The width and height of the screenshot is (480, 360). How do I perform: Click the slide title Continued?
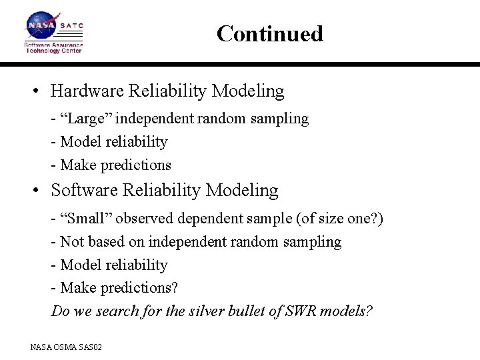(269, 33)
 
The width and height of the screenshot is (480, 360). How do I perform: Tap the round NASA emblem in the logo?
(41, 25)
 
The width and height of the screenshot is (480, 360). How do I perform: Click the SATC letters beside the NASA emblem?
(72, 25)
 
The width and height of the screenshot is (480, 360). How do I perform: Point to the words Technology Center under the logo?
(53, 51)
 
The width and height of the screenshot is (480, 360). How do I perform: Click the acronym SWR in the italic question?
(307, 311)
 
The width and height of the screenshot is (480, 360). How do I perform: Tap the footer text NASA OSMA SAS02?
(65, 347)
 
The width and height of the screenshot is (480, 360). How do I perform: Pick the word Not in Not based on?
(72, 241)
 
